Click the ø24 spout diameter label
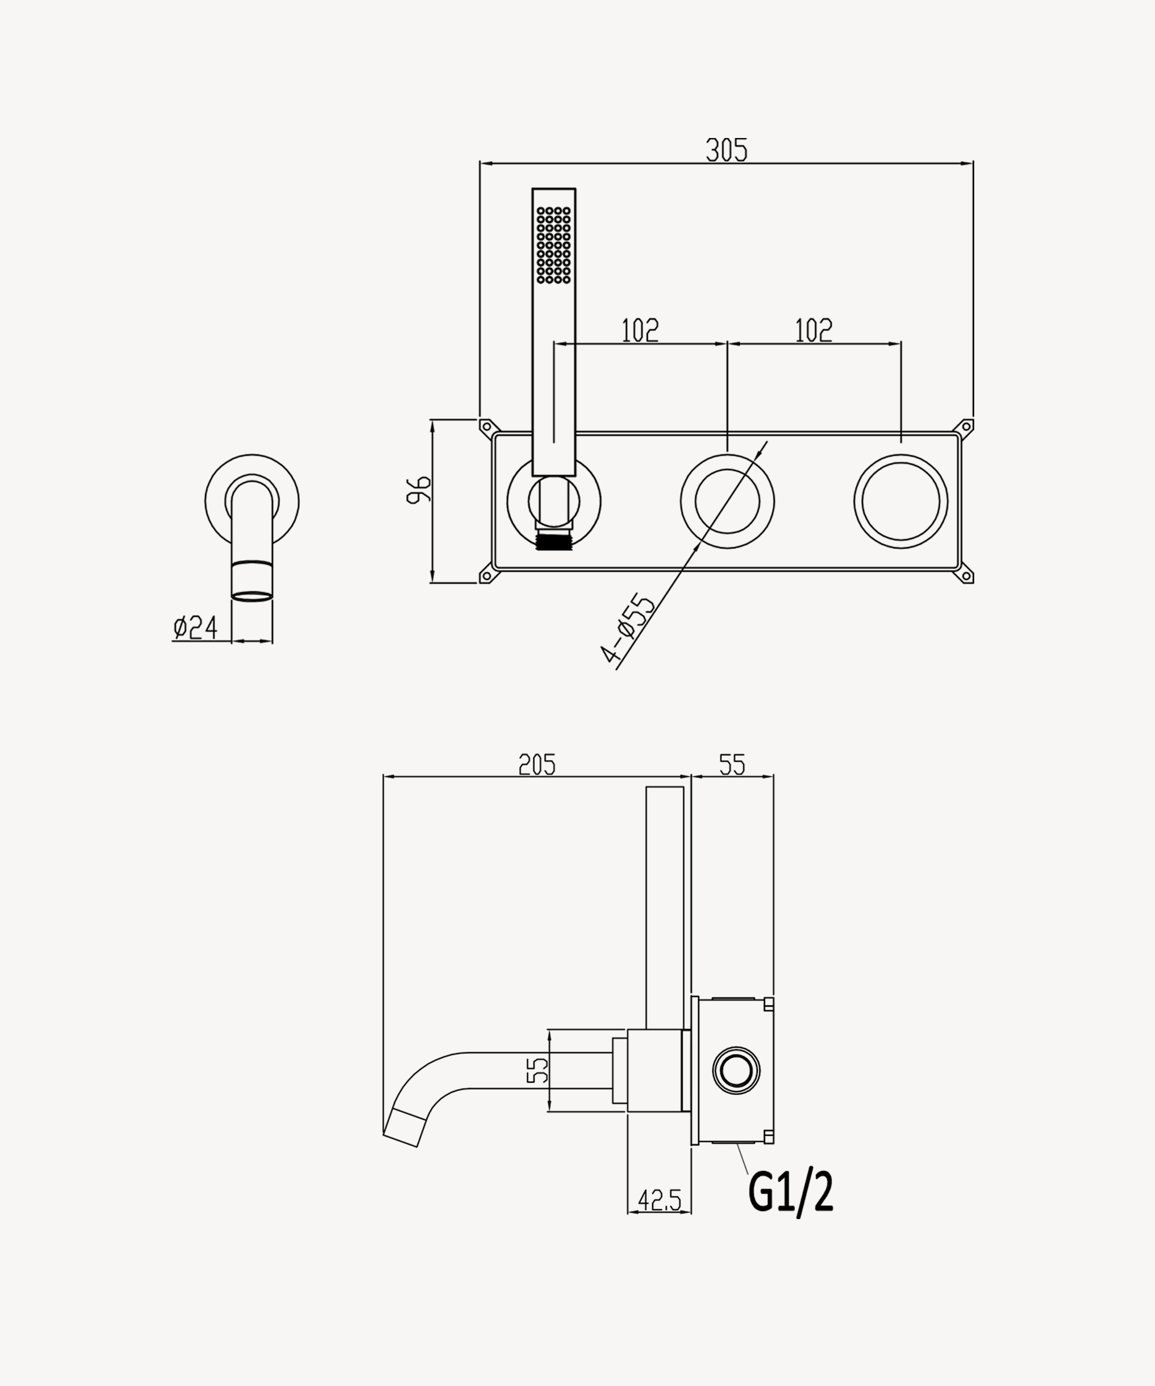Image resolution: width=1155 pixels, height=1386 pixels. (x=195, y=627)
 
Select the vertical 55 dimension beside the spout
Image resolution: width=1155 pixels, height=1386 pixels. (x=537, y=1070)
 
